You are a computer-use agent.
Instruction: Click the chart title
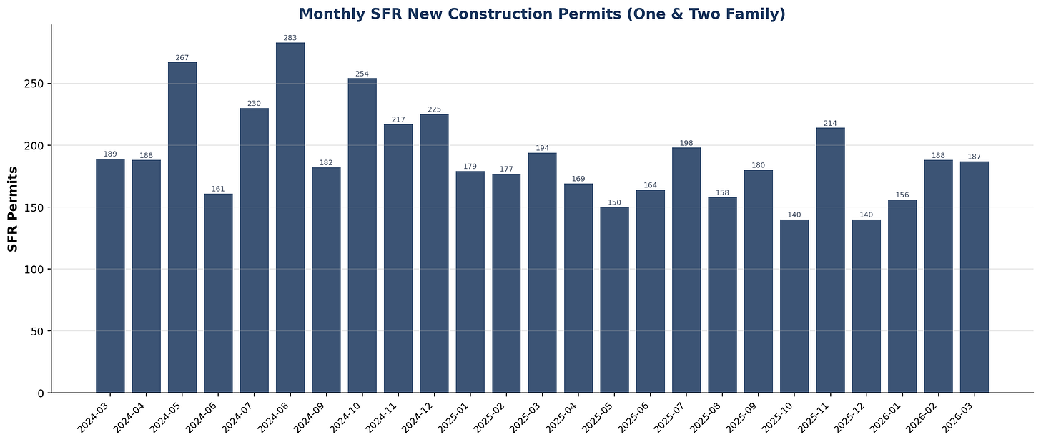click(x=541, y=14)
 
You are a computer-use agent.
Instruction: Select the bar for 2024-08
click(x=290, y=218)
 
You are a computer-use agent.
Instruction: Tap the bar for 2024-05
click(x=182, y=227)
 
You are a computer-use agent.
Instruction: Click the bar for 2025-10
click(x=794, y=306)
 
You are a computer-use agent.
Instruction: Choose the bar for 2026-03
click(x=974, y=278)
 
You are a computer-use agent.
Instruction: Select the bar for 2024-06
click(x=218, y=293)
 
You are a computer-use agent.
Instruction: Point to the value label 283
click(x=290, y=38)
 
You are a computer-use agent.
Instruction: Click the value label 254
click(x=362, y=74)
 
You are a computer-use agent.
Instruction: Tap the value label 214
click(x=830, y=123)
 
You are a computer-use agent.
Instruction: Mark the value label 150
click(x=614, y=202)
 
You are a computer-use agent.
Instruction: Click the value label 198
click(x=686, y=143)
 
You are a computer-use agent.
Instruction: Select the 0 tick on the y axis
click(x=40, y=393)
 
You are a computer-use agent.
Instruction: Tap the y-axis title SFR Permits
click(x=13, y=208)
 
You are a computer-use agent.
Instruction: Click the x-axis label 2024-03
click(x=95, y=417)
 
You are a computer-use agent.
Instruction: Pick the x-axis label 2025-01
click(x=455, y=417)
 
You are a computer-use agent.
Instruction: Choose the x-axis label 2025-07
click(x=671, y=417)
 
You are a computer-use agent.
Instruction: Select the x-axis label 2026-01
click(x=887, y=417)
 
